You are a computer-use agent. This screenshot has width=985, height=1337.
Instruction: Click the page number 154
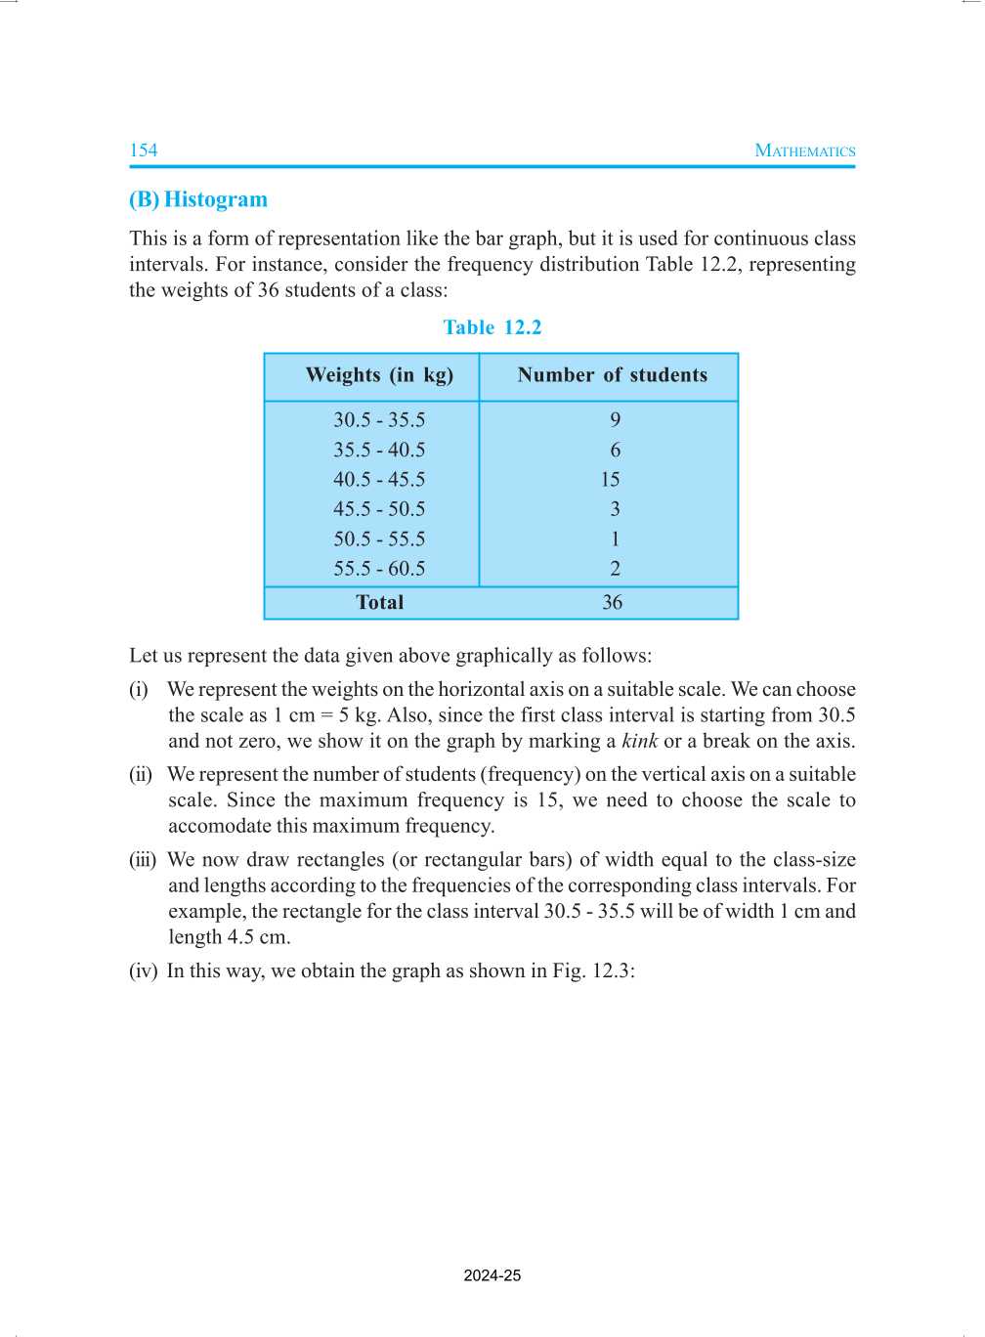[143, 151]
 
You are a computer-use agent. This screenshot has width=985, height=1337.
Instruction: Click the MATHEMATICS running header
[805, 151]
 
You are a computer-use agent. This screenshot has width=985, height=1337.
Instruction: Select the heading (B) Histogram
[198, 199]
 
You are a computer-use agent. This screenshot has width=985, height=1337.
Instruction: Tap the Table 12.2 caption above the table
[492, 327]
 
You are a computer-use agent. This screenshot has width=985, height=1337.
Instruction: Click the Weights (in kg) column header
[379, 375]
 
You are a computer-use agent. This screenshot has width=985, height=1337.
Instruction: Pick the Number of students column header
[612, 375]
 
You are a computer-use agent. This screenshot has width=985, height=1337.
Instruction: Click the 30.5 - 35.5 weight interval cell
[379, 420]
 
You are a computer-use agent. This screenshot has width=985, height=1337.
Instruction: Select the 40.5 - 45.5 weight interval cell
[379, 480]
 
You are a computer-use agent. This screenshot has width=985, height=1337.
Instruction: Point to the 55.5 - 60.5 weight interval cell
[379, 569]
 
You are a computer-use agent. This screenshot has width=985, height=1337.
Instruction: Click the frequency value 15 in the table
[611, 480]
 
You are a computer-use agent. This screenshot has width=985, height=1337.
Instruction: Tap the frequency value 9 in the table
[615, 420]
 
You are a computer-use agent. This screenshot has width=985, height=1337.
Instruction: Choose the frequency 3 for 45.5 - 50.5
[615, 509]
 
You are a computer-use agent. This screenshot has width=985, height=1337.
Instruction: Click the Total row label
[379, 603]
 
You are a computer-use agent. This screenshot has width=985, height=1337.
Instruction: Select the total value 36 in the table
[612, 603]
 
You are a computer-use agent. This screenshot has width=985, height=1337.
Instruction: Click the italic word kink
[639, 741]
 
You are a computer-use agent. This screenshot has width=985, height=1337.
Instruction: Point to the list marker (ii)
[141, 775]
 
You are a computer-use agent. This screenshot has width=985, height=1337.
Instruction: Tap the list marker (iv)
[143, 971]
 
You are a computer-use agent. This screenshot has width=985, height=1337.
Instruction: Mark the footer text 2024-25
[492, 1275]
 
